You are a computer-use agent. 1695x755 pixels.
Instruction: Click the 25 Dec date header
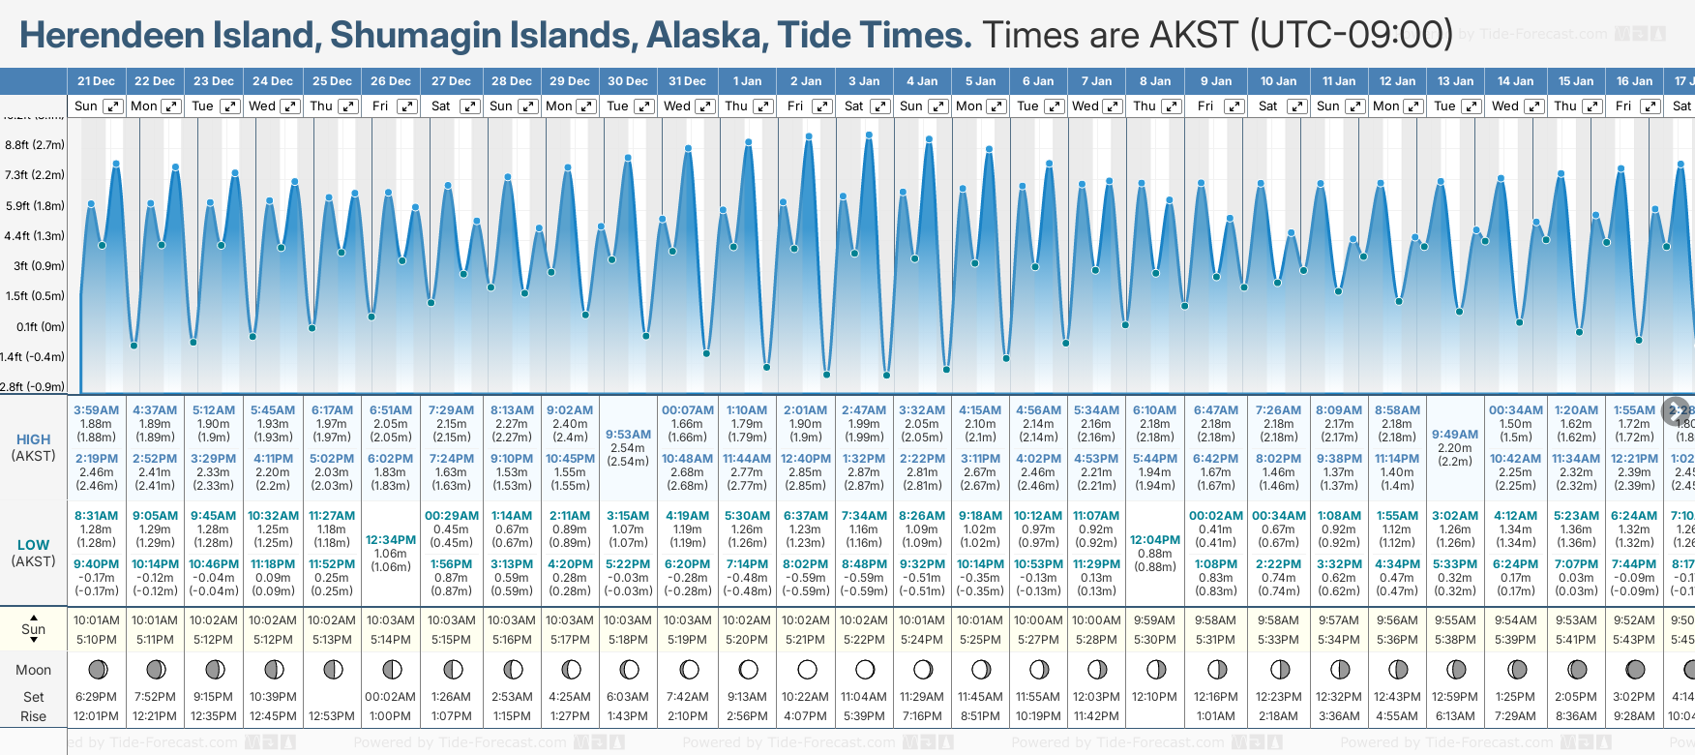(x=332, y=81)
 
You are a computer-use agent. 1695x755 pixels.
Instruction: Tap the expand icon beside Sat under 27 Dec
(x=469, y=106)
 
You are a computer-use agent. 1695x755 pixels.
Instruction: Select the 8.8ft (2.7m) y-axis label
(x=35, y=145)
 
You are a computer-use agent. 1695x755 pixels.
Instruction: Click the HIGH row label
(x=33, y=439)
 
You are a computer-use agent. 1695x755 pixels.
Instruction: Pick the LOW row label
(x=33, y=545)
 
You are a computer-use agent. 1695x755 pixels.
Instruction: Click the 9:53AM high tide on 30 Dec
(x=628, y=435)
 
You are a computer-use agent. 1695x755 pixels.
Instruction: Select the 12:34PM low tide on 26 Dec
(x=391, y=540)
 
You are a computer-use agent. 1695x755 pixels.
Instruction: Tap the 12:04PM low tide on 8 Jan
(x=1155, y=540)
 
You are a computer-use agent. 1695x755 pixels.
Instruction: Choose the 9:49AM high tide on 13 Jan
(x=1455, y=435)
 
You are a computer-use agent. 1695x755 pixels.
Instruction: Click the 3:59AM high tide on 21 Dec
(x=96, y=410)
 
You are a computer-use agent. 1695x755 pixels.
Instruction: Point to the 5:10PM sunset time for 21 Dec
(x=96, y=640)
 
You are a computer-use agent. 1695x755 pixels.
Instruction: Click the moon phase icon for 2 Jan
(x=807, y=669)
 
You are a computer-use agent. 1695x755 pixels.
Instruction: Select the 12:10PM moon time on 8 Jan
(x=1155, y=697)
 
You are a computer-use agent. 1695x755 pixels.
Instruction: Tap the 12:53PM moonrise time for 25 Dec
(x=332, y=716)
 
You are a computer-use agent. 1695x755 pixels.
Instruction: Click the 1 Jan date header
(x=747, y=81)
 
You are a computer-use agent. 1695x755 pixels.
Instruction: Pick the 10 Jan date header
(x=1278, y=81)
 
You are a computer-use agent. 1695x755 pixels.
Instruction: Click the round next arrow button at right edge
(x=1676, y=410)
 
